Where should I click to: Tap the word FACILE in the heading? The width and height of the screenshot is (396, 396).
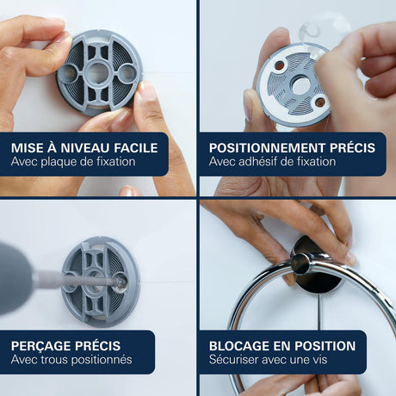136,148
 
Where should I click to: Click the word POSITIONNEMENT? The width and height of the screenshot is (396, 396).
267,148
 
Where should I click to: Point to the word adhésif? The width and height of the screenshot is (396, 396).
258,162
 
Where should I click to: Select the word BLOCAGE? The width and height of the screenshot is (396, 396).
239,346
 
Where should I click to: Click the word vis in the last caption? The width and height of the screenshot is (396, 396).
320,360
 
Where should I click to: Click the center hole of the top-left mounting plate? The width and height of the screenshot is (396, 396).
97,73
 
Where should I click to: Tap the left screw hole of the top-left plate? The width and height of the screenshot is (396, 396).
69,72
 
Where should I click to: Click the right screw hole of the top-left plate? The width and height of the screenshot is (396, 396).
127,72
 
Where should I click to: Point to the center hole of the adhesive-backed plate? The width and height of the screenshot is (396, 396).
301,84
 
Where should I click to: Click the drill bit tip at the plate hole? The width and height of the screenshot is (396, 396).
120,283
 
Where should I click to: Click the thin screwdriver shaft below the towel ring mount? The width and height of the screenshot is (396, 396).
319,312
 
